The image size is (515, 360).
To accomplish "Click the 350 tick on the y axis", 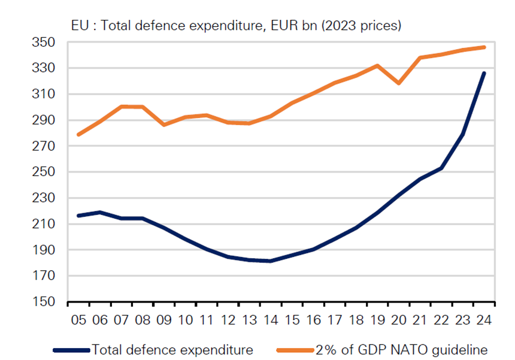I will tap(44, 43).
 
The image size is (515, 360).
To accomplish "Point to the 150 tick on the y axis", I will tap(44, 302).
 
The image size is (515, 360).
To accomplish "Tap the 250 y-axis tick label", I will tap(44, 173).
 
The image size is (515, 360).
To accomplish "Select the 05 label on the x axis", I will tap(78, 320).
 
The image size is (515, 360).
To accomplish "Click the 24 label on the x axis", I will tap(484, 320).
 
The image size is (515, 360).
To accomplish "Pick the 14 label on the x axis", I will tap(271, 320).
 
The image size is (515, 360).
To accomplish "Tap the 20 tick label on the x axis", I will tap(398, 320).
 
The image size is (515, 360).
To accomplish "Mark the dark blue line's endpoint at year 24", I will tap(484, 73).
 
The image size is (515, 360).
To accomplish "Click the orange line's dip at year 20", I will tap(398, 83).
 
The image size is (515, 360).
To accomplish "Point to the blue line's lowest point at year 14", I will tap(271, 261).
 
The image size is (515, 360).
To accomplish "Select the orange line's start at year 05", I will tap(78, 135).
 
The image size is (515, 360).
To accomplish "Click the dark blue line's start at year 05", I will tap(78, 216).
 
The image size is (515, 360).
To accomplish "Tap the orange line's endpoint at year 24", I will tap(484, 47).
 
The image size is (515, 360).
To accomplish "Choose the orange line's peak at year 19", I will tap(377, 65).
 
